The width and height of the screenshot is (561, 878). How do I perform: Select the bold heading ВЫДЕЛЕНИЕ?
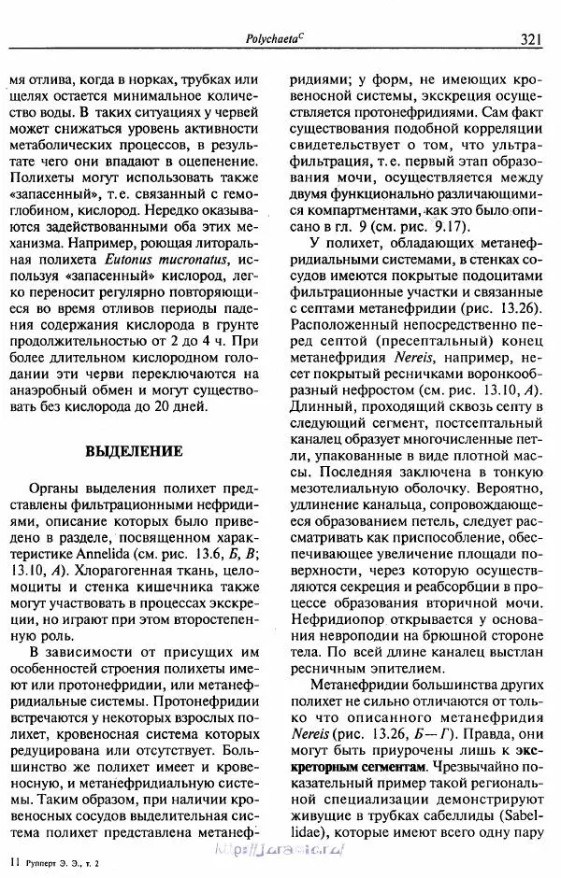(133, 450)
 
